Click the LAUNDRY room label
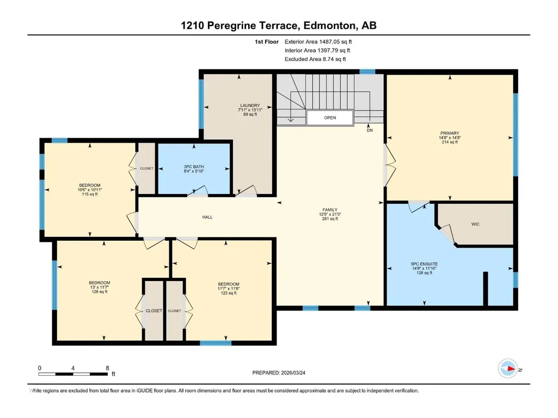[x=250, y=105]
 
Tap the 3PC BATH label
[x=194, y=167]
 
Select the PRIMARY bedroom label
[x=450, y=133]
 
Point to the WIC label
[x=475, y=224]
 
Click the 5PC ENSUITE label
[x=424, y=264]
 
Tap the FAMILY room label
[x=330, y=210]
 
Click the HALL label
[x=207, y=217]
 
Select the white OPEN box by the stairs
[x=330, y=117]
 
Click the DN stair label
[x=370, y=130]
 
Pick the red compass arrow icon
[x=511, y=369]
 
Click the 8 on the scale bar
[x=107, y=368]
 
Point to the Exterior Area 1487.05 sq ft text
[x=318, y=42]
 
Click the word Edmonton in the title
[x=329, y=26]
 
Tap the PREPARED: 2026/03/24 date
[x=279, y=373]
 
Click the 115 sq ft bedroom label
[x=90, y=195]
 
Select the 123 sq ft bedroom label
[x=229, y=293]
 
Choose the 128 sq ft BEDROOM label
[x=99, y=283]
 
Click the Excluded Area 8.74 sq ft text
[x=315, y=59]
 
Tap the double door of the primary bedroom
[x=389, y=165]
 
